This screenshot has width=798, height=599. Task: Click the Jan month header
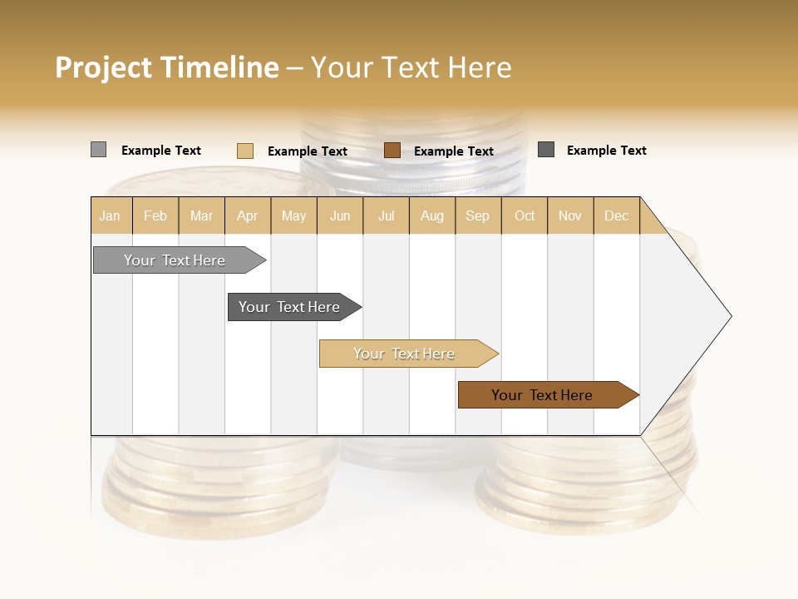coord(111,215)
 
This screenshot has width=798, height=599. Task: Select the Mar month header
coord(201,215)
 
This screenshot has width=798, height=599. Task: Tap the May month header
coord(293,215)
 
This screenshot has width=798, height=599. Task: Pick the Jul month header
coord(387,215)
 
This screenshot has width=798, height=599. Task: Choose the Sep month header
coord(477,215)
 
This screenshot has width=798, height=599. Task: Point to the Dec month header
coord(616,215)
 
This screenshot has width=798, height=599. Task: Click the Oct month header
coord(525,215)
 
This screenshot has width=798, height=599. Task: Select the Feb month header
coord(155,215)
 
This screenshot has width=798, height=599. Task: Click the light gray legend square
coord(98,150)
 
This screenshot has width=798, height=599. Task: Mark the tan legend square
coord(244,151)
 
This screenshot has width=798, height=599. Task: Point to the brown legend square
coord(392,151)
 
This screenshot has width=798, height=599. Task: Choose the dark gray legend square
coord(546,150)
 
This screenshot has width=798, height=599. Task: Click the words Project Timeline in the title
coord(167,67)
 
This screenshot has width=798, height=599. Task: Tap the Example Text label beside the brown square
coord(453,151)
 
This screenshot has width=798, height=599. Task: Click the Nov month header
coord(570,215)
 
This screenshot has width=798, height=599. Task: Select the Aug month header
coord(432,215)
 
